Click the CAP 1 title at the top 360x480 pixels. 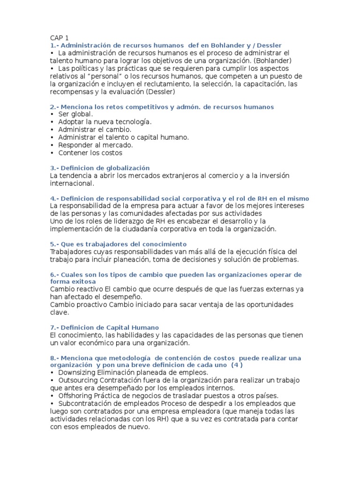pos(59,38)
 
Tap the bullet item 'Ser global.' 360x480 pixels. pos(75,114)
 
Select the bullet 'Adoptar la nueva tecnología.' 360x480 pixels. pos(105,122)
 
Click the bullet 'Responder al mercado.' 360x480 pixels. pos(95,145)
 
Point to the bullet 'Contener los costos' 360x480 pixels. pos(90,152)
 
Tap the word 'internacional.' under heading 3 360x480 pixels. pos(72,183)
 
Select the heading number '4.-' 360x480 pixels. pos(54,199)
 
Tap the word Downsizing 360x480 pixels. pos(78,373)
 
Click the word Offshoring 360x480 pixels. pos(76,396)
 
